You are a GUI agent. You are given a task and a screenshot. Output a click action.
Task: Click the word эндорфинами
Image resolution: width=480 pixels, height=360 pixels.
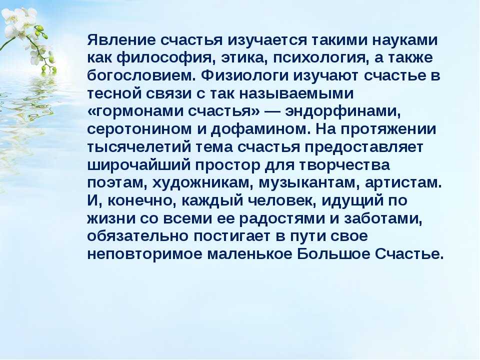point(343,111)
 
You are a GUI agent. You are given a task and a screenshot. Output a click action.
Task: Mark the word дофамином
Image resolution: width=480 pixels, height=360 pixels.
point(260,128)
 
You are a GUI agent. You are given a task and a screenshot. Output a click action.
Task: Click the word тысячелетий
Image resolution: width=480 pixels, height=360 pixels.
point(138,146)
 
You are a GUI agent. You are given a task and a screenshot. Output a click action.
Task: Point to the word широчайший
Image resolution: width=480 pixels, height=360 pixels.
point(138,164)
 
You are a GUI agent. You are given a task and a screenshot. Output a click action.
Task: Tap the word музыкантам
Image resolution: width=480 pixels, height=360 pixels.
point(305,182)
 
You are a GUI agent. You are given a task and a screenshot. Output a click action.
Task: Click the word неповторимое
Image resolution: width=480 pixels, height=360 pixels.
point(145,253)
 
